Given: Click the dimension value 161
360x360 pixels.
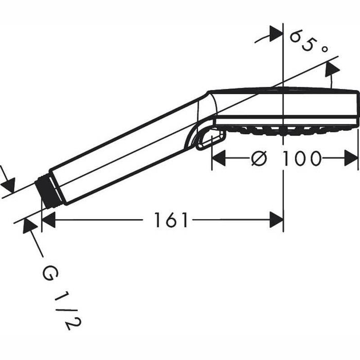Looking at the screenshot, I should [x=172, y=221].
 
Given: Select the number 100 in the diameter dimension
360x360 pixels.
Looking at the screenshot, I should [x=301, y=159].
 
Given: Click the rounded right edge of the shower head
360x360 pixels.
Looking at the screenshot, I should [x=357, y=108].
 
